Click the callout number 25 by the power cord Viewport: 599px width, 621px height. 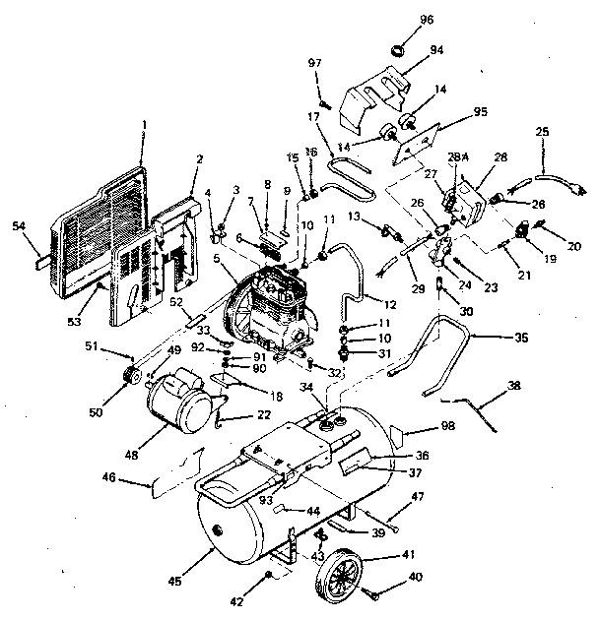542,132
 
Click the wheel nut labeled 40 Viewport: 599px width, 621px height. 374,593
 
